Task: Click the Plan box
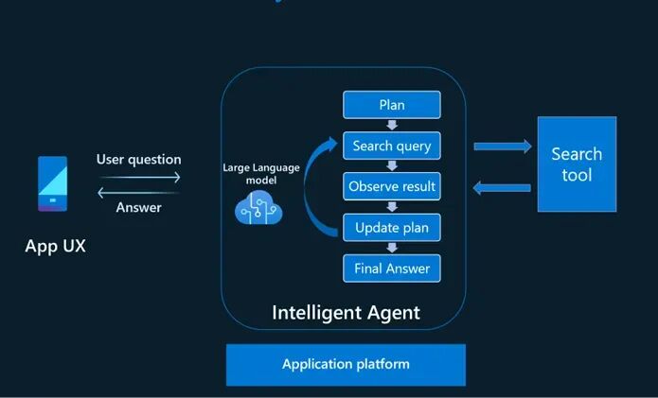392,105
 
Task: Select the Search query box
392,146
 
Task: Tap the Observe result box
392,186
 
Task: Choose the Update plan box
392,228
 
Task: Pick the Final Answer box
392,268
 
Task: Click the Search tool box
577,164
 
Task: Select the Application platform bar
346,365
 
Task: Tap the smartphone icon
52,183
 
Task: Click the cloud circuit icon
258,207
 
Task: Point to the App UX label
56,246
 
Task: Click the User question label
139,159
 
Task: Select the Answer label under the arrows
139,207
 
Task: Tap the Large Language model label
261,174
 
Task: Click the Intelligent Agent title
346,313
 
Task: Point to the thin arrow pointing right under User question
140,177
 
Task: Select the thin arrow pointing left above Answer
138,193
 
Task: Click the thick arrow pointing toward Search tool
503,147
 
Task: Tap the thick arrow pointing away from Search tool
502,188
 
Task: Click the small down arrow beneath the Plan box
392,125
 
